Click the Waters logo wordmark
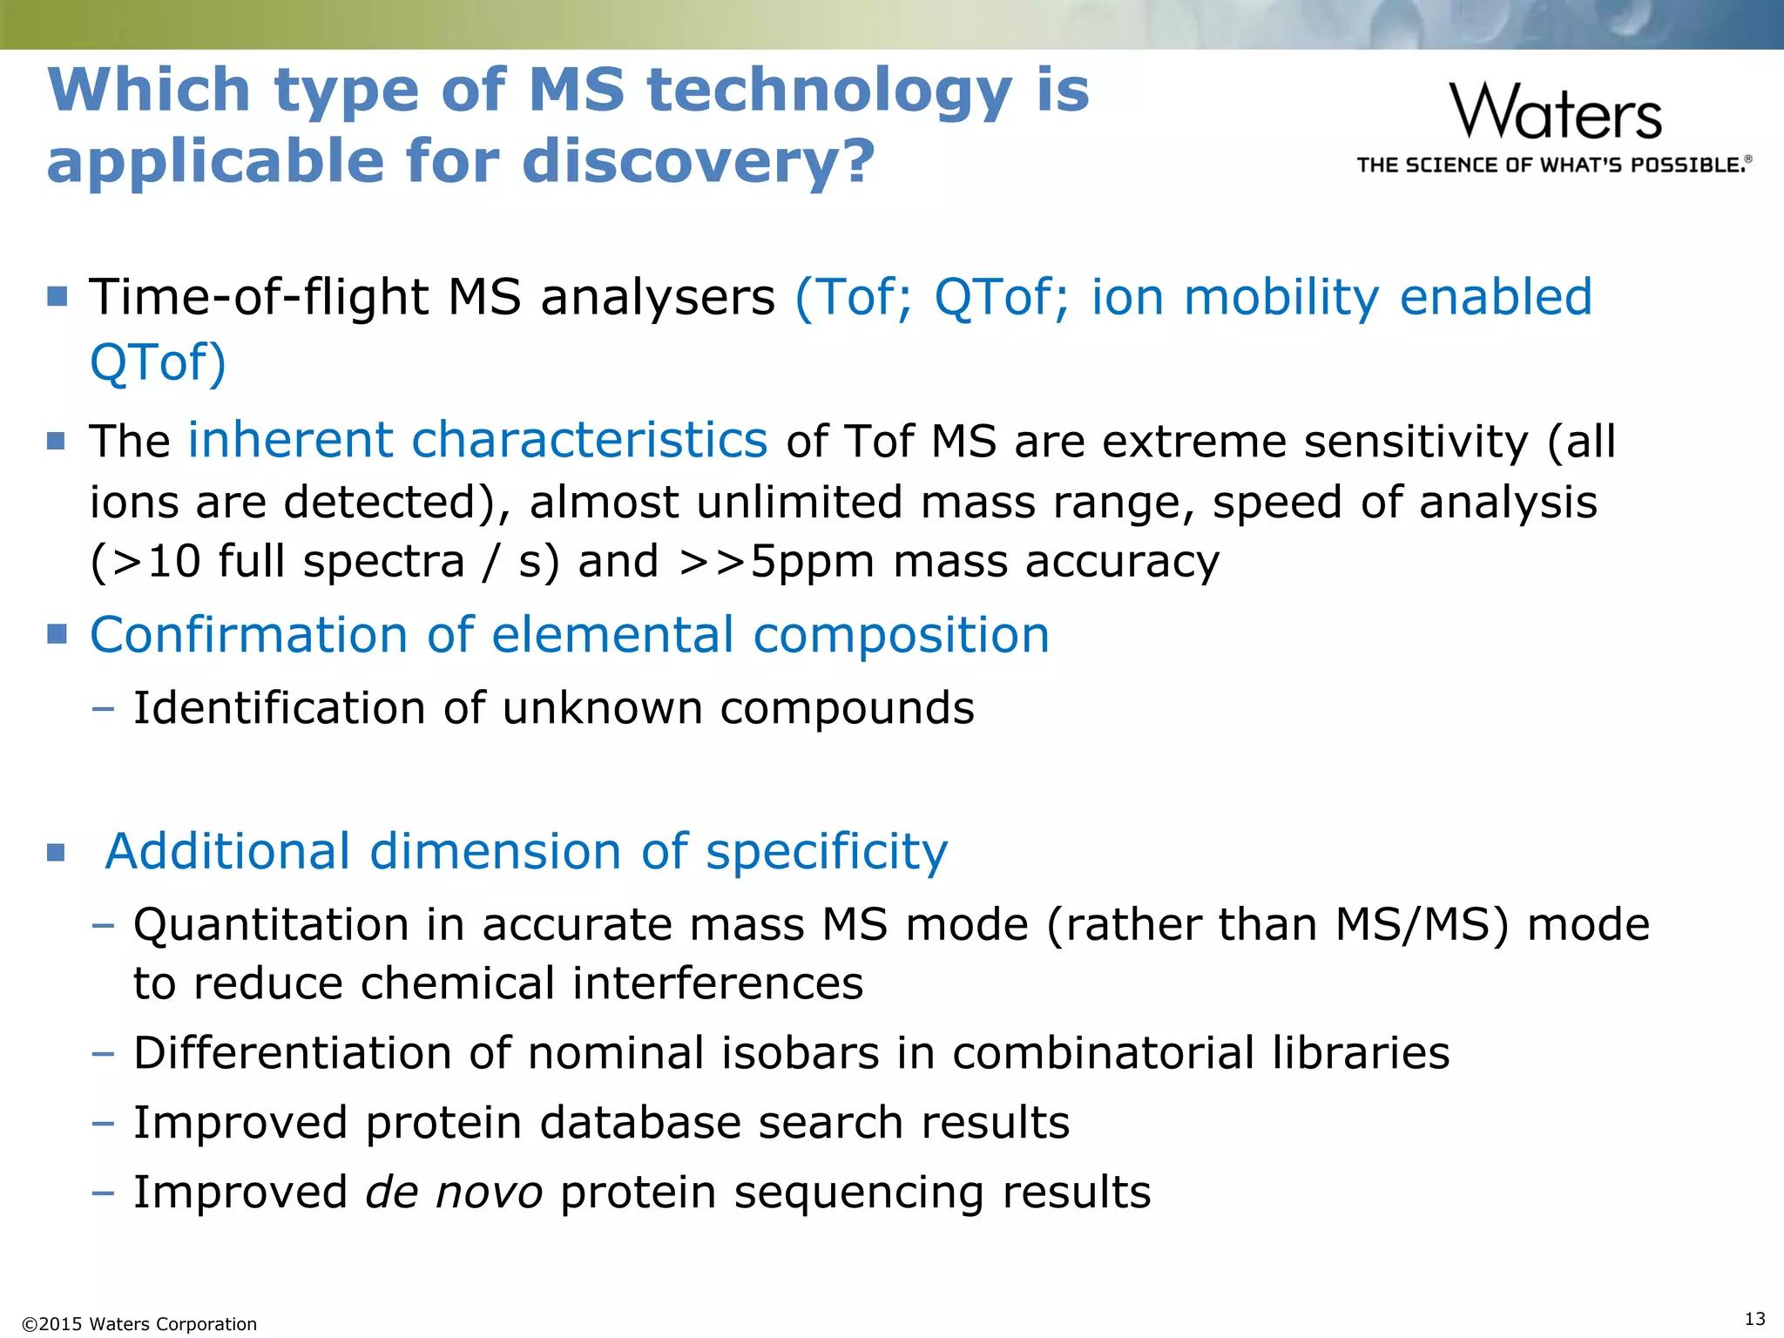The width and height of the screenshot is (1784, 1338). point(1556,111)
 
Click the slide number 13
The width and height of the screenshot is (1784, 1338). point(1755,1318)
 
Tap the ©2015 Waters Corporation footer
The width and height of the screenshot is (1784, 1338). point(139,1324)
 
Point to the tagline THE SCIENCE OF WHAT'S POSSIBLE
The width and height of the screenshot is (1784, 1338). point(1553,166)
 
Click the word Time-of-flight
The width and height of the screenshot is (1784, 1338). point(259,297)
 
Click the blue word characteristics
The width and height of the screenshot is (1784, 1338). point(589,440)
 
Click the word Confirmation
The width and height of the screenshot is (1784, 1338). point(249,635)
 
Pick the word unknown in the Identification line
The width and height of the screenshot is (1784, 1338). point(602,707)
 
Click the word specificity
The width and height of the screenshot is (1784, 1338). point(826,851)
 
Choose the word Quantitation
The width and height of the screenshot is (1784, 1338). point(271,925)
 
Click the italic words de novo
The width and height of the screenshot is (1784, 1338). point(453,1192)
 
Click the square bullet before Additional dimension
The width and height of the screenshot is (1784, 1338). point(57,852)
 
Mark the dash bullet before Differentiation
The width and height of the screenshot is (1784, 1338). point(103,1053)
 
